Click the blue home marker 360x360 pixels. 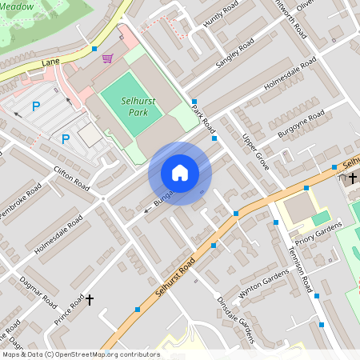tap(180, 173)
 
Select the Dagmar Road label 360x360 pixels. tap(39, 291)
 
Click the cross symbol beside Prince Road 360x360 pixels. tap(90, 300)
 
